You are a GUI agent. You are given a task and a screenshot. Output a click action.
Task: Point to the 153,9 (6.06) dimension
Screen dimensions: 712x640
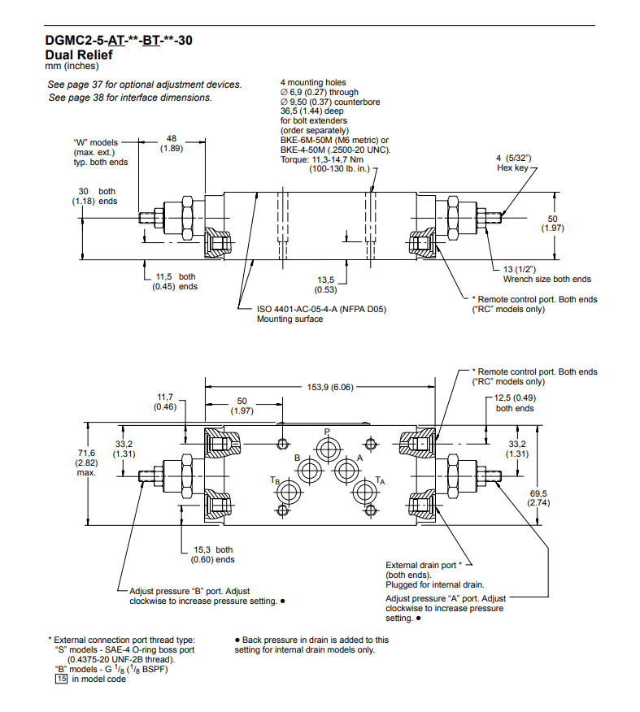(329, 387)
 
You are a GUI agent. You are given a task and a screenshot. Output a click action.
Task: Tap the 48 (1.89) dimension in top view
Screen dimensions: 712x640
(172, 143)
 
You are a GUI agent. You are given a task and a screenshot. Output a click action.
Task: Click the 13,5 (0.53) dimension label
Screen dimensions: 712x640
(326, 284)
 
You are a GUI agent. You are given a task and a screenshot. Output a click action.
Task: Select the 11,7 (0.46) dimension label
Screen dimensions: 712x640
(166, 402)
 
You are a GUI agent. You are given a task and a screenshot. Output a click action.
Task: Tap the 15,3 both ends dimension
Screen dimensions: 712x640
(212, 554)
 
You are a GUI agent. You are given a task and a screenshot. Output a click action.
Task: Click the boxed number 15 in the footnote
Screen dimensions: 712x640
(60, 679)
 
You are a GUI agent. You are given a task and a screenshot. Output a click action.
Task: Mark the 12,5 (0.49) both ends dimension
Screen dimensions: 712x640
(515, 402)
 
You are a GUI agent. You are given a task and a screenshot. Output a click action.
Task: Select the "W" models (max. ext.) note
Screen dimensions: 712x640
(101, 152)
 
